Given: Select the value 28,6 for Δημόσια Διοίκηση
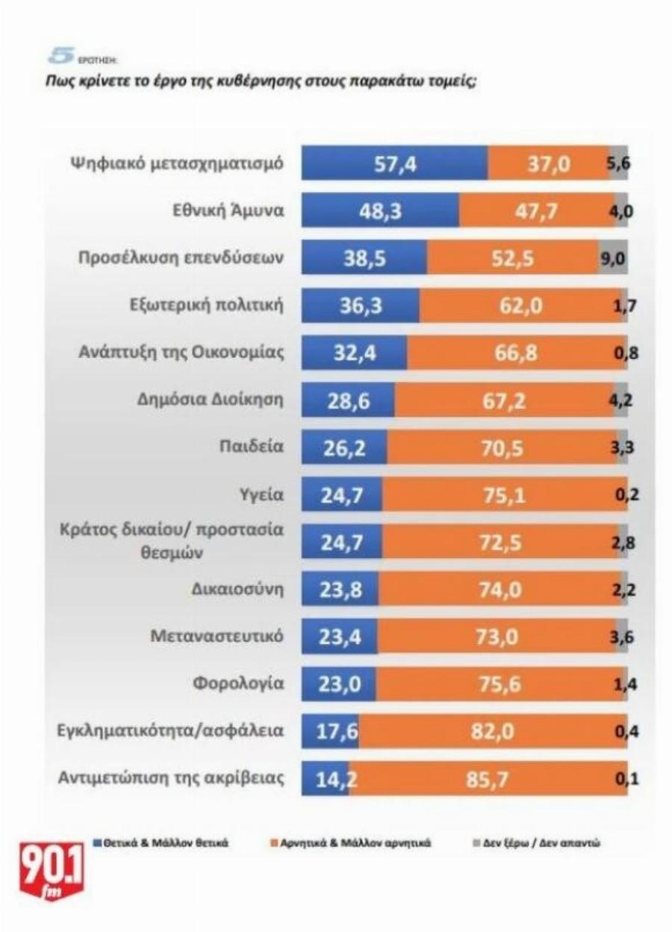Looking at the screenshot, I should pos(349,400).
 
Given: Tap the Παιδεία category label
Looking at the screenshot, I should pos(257,447).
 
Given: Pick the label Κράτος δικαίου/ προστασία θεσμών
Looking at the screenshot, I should pos(172,541).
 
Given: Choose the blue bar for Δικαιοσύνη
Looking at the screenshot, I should pos(340,590).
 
